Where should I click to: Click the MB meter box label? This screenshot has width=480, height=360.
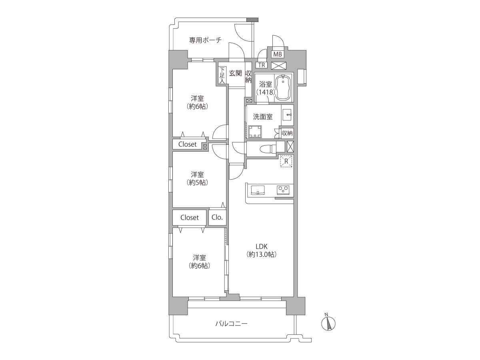tap(278, 54)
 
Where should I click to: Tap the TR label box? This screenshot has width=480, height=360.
tap(262, 65)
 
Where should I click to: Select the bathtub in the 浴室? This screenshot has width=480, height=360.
tap(284, 88)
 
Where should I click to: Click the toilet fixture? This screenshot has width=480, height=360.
tap(268, 149)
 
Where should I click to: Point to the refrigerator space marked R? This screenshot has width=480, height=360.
tap(286, 161)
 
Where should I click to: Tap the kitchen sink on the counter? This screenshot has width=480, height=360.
tap(258, 190)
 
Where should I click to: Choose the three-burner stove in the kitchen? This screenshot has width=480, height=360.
tap(283, 190)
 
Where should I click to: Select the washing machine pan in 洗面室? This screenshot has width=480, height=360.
tap(255, 132)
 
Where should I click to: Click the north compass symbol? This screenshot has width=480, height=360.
tap(328, 324)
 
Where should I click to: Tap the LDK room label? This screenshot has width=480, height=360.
tap(262, 246)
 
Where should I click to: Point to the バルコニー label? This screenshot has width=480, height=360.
tap(231, 323)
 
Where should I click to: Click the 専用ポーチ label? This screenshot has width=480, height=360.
tap(205, 40)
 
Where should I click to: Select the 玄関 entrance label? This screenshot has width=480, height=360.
tap(235, 73)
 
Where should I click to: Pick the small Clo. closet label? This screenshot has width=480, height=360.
tap(217, 217)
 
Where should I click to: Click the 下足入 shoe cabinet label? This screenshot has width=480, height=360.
tap(222, 76)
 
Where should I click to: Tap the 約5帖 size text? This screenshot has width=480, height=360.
tap(197, 182)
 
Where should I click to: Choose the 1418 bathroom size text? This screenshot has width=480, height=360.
tap(266, 92)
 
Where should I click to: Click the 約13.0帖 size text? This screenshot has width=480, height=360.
tap(262, 254)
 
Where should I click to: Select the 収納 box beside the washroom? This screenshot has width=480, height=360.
tap(287, 133)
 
